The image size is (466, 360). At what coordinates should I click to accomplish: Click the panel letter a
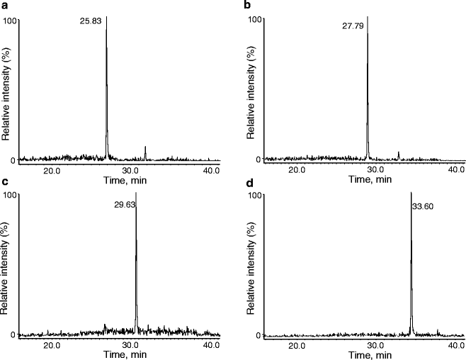click(x=4, y=5)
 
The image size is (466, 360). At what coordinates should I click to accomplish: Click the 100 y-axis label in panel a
click(x=10, y=20)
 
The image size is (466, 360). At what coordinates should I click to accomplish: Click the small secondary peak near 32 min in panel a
click(x=145, y=152)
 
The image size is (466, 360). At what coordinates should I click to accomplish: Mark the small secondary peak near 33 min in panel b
click(x=399, y=154)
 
